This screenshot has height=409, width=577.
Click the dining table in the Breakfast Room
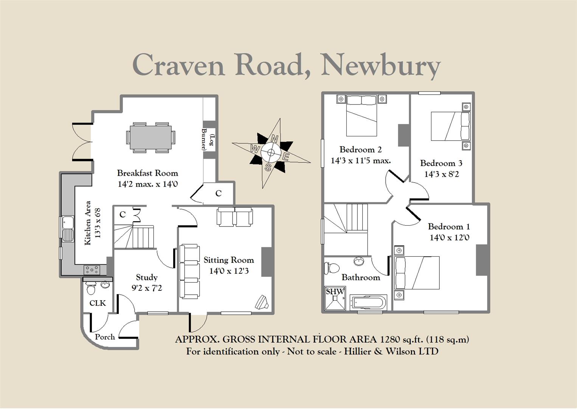pyautogui.click(x=151, y=137)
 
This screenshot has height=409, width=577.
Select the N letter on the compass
pyautogui.click(x=275, y=139)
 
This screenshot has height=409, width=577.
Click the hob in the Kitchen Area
pyautogui.click(x=92, y=270)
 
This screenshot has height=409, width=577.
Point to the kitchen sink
pyautogui.click(x=68, y=229)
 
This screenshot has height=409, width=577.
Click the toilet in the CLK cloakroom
pyautogui.click(x=91, y=288)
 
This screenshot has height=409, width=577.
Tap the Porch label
pyautogui.click(x=105, y=337)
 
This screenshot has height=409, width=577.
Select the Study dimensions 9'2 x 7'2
pyautogui.click(x=147, y=288)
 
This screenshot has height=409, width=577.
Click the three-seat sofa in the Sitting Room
pyautogui.click(x=189, y=272)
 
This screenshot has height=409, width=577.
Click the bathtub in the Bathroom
pyautogui.click(x=368, y=302)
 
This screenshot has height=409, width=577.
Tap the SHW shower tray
pyautogui.click(x=335, y=298)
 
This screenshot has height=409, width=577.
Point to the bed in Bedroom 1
pyautogui.click(x=417, y=273)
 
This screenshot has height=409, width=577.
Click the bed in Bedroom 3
pyautogui.click(x=451, y=126)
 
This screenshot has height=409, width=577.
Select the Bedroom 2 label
pyautogui.click(x=360, y=150)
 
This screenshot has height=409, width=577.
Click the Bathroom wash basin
pyautogui.click(x=358, y=261)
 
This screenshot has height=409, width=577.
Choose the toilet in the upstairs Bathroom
pyautogui.click(x=332, y=268)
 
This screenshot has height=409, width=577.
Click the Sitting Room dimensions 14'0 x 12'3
pyautogui.click(x=229, y=271)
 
